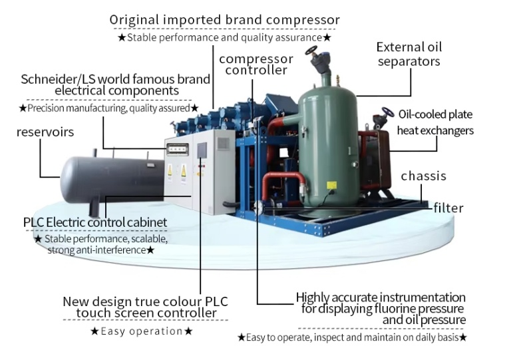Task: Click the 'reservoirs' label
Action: (45, 132)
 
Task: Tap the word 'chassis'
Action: (424, 176)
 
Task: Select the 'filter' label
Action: (448, 208)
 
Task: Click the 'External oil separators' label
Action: (409, 55)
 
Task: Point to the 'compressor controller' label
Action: (256, 65)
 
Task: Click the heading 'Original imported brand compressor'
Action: (225, 20)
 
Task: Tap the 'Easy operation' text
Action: (142, 331)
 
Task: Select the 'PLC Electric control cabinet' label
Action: (95, 222)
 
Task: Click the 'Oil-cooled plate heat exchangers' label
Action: (435, 122)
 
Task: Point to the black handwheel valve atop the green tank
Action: (311, 51)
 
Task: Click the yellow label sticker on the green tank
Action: (331, 185)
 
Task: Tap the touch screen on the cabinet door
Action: (202, 150)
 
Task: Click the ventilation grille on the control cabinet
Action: (223, 144)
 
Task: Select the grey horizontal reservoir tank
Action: (112, 180)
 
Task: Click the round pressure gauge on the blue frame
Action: (259, 208)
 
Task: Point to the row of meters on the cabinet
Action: (178, 150)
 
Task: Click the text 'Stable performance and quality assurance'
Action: (224, 37)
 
